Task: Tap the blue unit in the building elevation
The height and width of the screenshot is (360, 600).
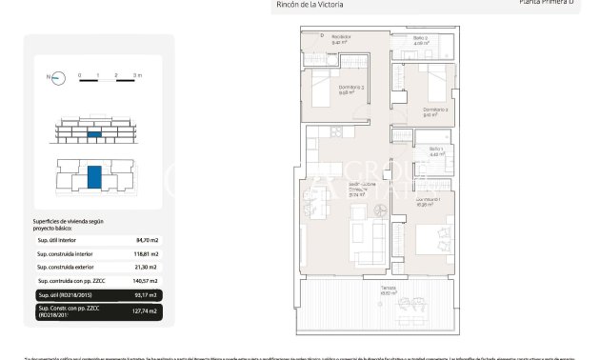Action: coord(94,136)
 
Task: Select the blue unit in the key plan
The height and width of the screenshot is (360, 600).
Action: coord(94,176)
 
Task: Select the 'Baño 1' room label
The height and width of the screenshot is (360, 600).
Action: coord(436,150)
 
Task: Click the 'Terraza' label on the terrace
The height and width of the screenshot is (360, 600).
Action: coord(387,290)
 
